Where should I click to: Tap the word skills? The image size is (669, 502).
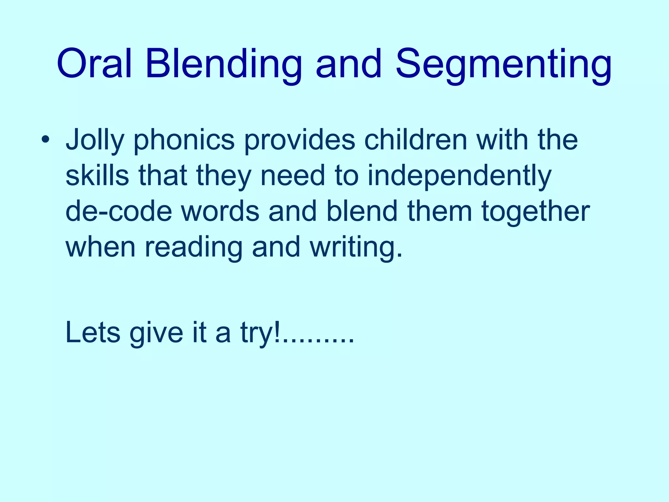97,175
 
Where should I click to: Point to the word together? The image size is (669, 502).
536,212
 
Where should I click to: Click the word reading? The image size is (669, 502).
194,248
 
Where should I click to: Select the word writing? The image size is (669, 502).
356,248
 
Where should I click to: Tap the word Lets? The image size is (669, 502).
93,332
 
